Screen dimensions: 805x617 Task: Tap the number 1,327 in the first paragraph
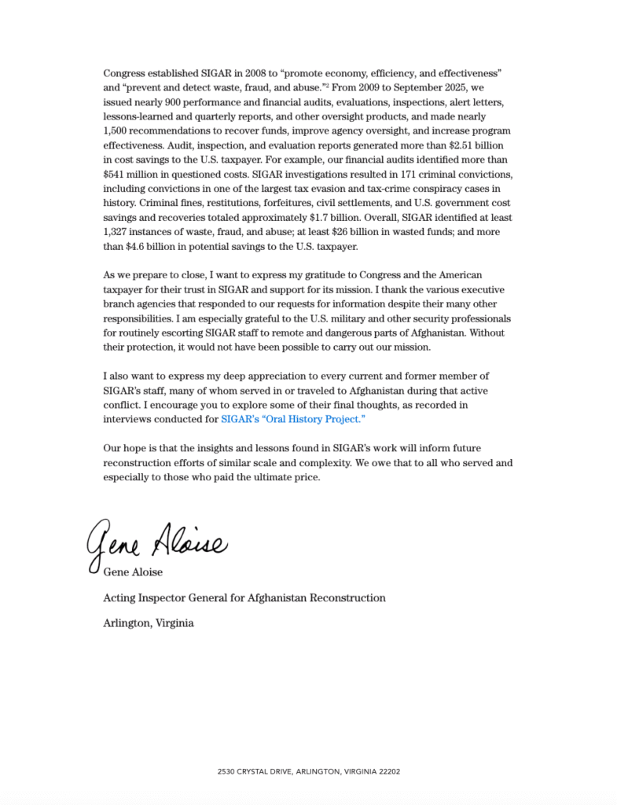pyautogui.click(x=117, y=233)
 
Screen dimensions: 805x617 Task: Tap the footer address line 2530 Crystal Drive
pyautogui.click(x=308, y=771)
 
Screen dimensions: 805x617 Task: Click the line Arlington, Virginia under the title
pyautogui.click(x=148, y=623)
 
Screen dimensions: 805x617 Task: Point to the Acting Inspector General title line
pyautogui.click(x=244, y=597)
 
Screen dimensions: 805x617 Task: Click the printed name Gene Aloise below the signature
pyautogui.click(x=133, y=572)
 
